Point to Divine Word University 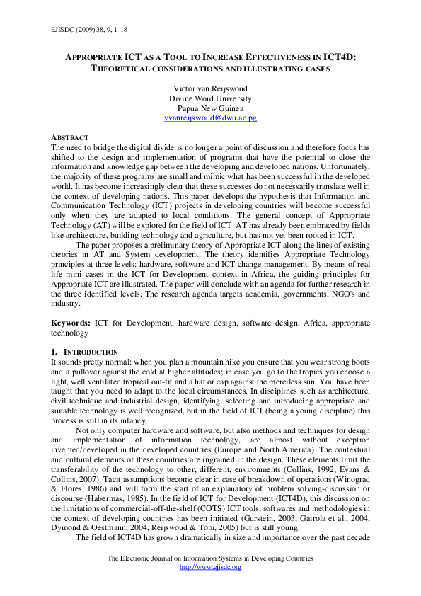210,98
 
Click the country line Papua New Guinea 210,108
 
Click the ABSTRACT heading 69,137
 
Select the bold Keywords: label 71,322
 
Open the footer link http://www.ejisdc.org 210,567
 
